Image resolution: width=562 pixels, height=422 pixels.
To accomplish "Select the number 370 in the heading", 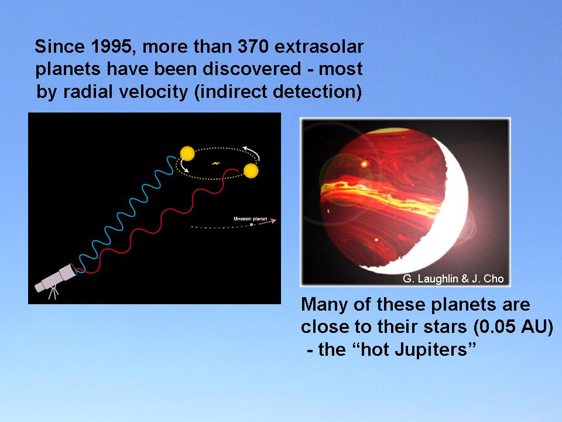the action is tap(253, 47).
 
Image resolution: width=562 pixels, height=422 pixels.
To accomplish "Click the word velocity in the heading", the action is tap(153, 92).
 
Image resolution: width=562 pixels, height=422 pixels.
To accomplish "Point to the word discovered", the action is tap(252, 69).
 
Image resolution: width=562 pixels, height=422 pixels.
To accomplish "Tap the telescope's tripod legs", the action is tap(53, 292).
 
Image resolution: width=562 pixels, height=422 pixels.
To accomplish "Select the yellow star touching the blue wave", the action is tap(187, 154).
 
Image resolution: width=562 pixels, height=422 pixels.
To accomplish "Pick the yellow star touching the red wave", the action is tap(251, 171).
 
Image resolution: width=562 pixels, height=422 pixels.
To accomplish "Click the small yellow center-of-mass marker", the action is tap(215, 164).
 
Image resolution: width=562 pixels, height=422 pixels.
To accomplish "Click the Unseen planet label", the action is tap(250, 219).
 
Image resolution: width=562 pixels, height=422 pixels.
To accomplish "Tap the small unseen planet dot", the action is tap(251, 224).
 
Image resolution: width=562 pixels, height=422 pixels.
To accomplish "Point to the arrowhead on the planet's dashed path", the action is tap(274, 221).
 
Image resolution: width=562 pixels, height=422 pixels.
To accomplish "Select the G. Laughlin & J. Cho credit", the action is tap(453, 279).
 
